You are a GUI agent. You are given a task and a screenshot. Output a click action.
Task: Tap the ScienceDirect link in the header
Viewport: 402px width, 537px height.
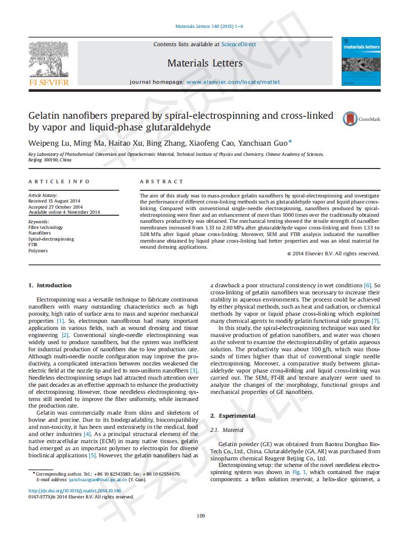click(x=239, y=45)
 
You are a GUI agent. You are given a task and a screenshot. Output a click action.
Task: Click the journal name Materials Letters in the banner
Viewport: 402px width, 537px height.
click(x=205, y=63)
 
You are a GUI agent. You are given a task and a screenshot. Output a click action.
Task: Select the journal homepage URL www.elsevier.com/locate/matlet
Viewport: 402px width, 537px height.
click(x=233, y=82)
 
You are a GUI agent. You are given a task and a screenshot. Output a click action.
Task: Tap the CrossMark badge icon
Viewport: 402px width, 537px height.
click(x=350, y=119)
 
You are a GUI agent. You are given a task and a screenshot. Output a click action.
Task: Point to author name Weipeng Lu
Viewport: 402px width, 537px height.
click(x=48, y=143)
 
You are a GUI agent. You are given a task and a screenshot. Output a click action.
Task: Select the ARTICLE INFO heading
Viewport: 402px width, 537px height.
click(x=59, y=182)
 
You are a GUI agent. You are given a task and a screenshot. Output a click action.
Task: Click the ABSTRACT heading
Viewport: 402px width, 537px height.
click(x=161, y=182)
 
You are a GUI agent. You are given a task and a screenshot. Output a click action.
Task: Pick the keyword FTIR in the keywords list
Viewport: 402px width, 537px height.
click(x=33, y=245)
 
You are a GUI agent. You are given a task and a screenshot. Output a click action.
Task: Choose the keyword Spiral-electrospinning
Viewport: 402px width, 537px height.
click(x=51, y=239)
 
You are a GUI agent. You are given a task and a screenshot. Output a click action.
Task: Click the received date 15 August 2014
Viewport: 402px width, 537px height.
click(x=63, y=201)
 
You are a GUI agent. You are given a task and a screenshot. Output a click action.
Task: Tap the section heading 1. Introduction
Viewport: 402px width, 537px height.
click(x=50, y=285)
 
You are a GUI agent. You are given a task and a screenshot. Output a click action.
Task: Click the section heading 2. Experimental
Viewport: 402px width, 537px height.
click(x=233, y=416)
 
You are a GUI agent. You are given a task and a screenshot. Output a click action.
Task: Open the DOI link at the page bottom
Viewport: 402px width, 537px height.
click(x=75, y=491)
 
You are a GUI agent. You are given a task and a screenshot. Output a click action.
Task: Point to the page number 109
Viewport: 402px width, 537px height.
click(x=201, y=516)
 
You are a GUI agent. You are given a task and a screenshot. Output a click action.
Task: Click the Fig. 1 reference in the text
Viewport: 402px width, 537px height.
click(x=298, y=472)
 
